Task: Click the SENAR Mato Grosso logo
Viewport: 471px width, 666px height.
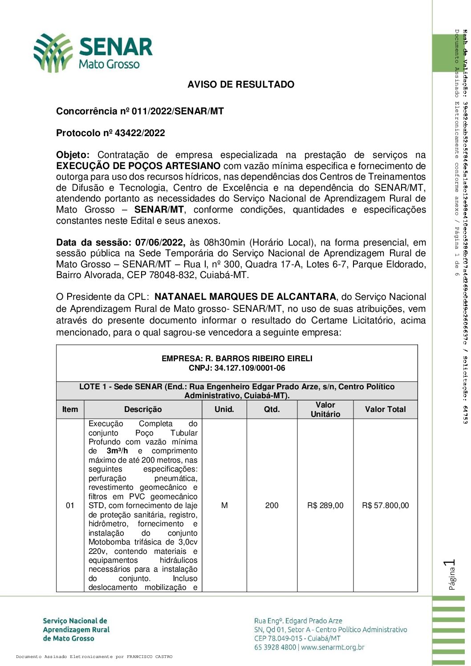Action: [93, 53]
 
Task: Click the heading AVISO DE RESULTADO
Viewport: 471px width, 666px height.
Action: [241, 85]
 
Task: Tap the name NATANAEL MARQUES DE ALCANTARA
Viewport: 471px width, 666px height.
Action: [245, 297]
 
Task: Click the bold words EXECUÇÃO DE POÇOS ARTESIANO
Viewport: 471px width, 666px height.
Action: [138, 166]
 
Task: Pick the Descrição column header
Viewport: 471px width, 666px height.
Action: [143, 409]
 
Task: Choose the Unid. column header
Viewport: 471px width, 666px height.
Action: [224, 409]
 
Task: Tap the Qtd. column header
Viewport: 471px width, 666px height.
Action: [272, 409]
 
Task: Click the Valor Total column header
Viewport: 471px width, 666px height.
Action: [385, 409]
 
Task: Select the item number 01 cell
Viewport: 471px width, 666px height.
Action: [70, 505]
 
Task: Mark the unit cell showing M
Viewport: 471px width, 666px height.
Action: [224, 505]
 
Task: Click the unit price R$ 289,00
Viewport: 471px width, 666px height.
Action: [325, 505]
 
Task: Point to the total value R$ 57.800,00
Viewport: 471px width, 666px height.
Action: [385, 505]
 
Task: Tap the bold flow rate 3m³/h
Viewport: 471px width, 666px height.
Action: [117, 451]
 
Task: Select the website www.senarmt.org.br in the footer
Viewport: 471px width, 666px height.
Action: [333, 647]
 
